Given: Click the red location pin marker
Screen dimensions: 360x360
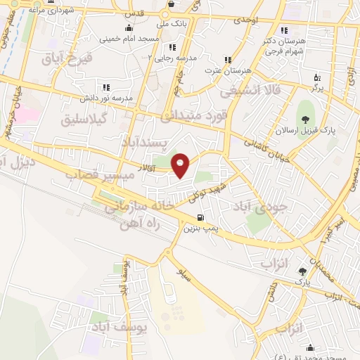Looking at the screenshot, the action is (181, 165).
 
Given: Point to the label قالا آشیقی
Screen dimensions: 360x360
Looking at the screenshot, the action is (250, 91).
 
